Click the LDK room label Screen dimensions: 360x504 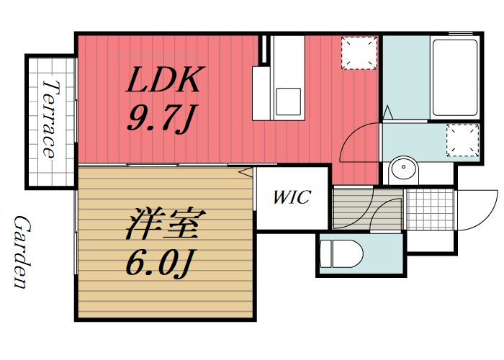164,81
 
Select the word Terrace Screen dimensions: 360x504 50,119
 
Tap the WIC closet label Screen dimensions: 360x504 292,197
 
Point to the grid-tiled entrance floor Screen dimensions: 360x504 430,209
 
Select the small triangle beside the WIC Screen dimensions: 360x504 246,171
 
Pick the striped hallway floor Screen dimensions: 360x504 351,209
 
